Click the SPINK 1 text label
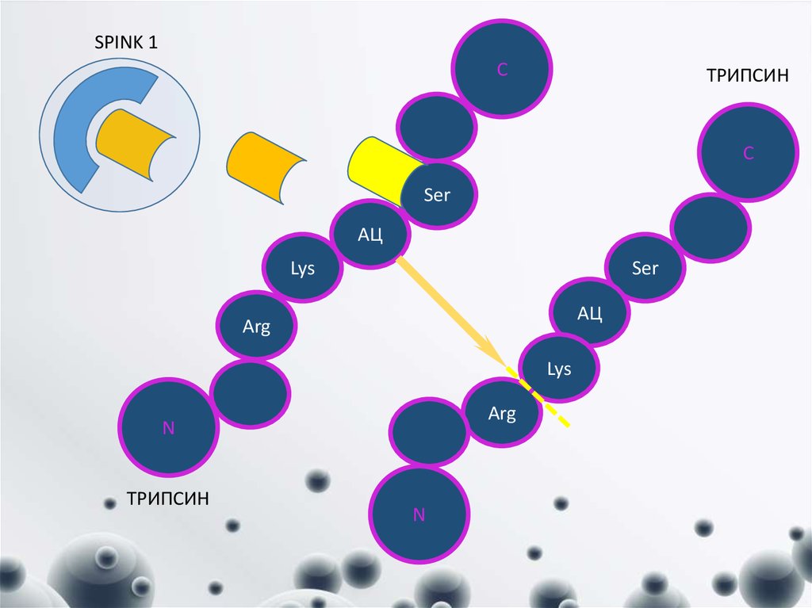point(125,43)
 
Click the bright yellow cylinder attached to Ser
point(377,170)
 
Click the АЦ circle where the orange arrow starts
point(370,234)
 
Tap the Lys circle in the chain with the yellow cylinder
point(302,268)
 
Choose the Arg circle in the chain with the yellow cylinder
point(257,326)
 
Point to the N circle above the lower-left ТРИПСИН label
point(168,428)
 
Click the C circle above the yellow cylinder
point(501,70)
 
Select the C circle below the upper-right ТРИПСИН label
point(748,153)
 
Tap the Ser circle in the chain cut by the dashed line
point(645,268)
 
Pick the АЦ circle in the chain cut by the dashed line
point(590,313)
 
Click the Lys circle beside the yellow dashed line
point(560,369)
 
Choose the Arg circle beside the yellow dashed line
point(503,413)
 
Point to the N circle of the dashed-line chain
point(419,514)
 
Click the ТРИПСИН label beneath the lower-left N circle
point(168,499)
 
